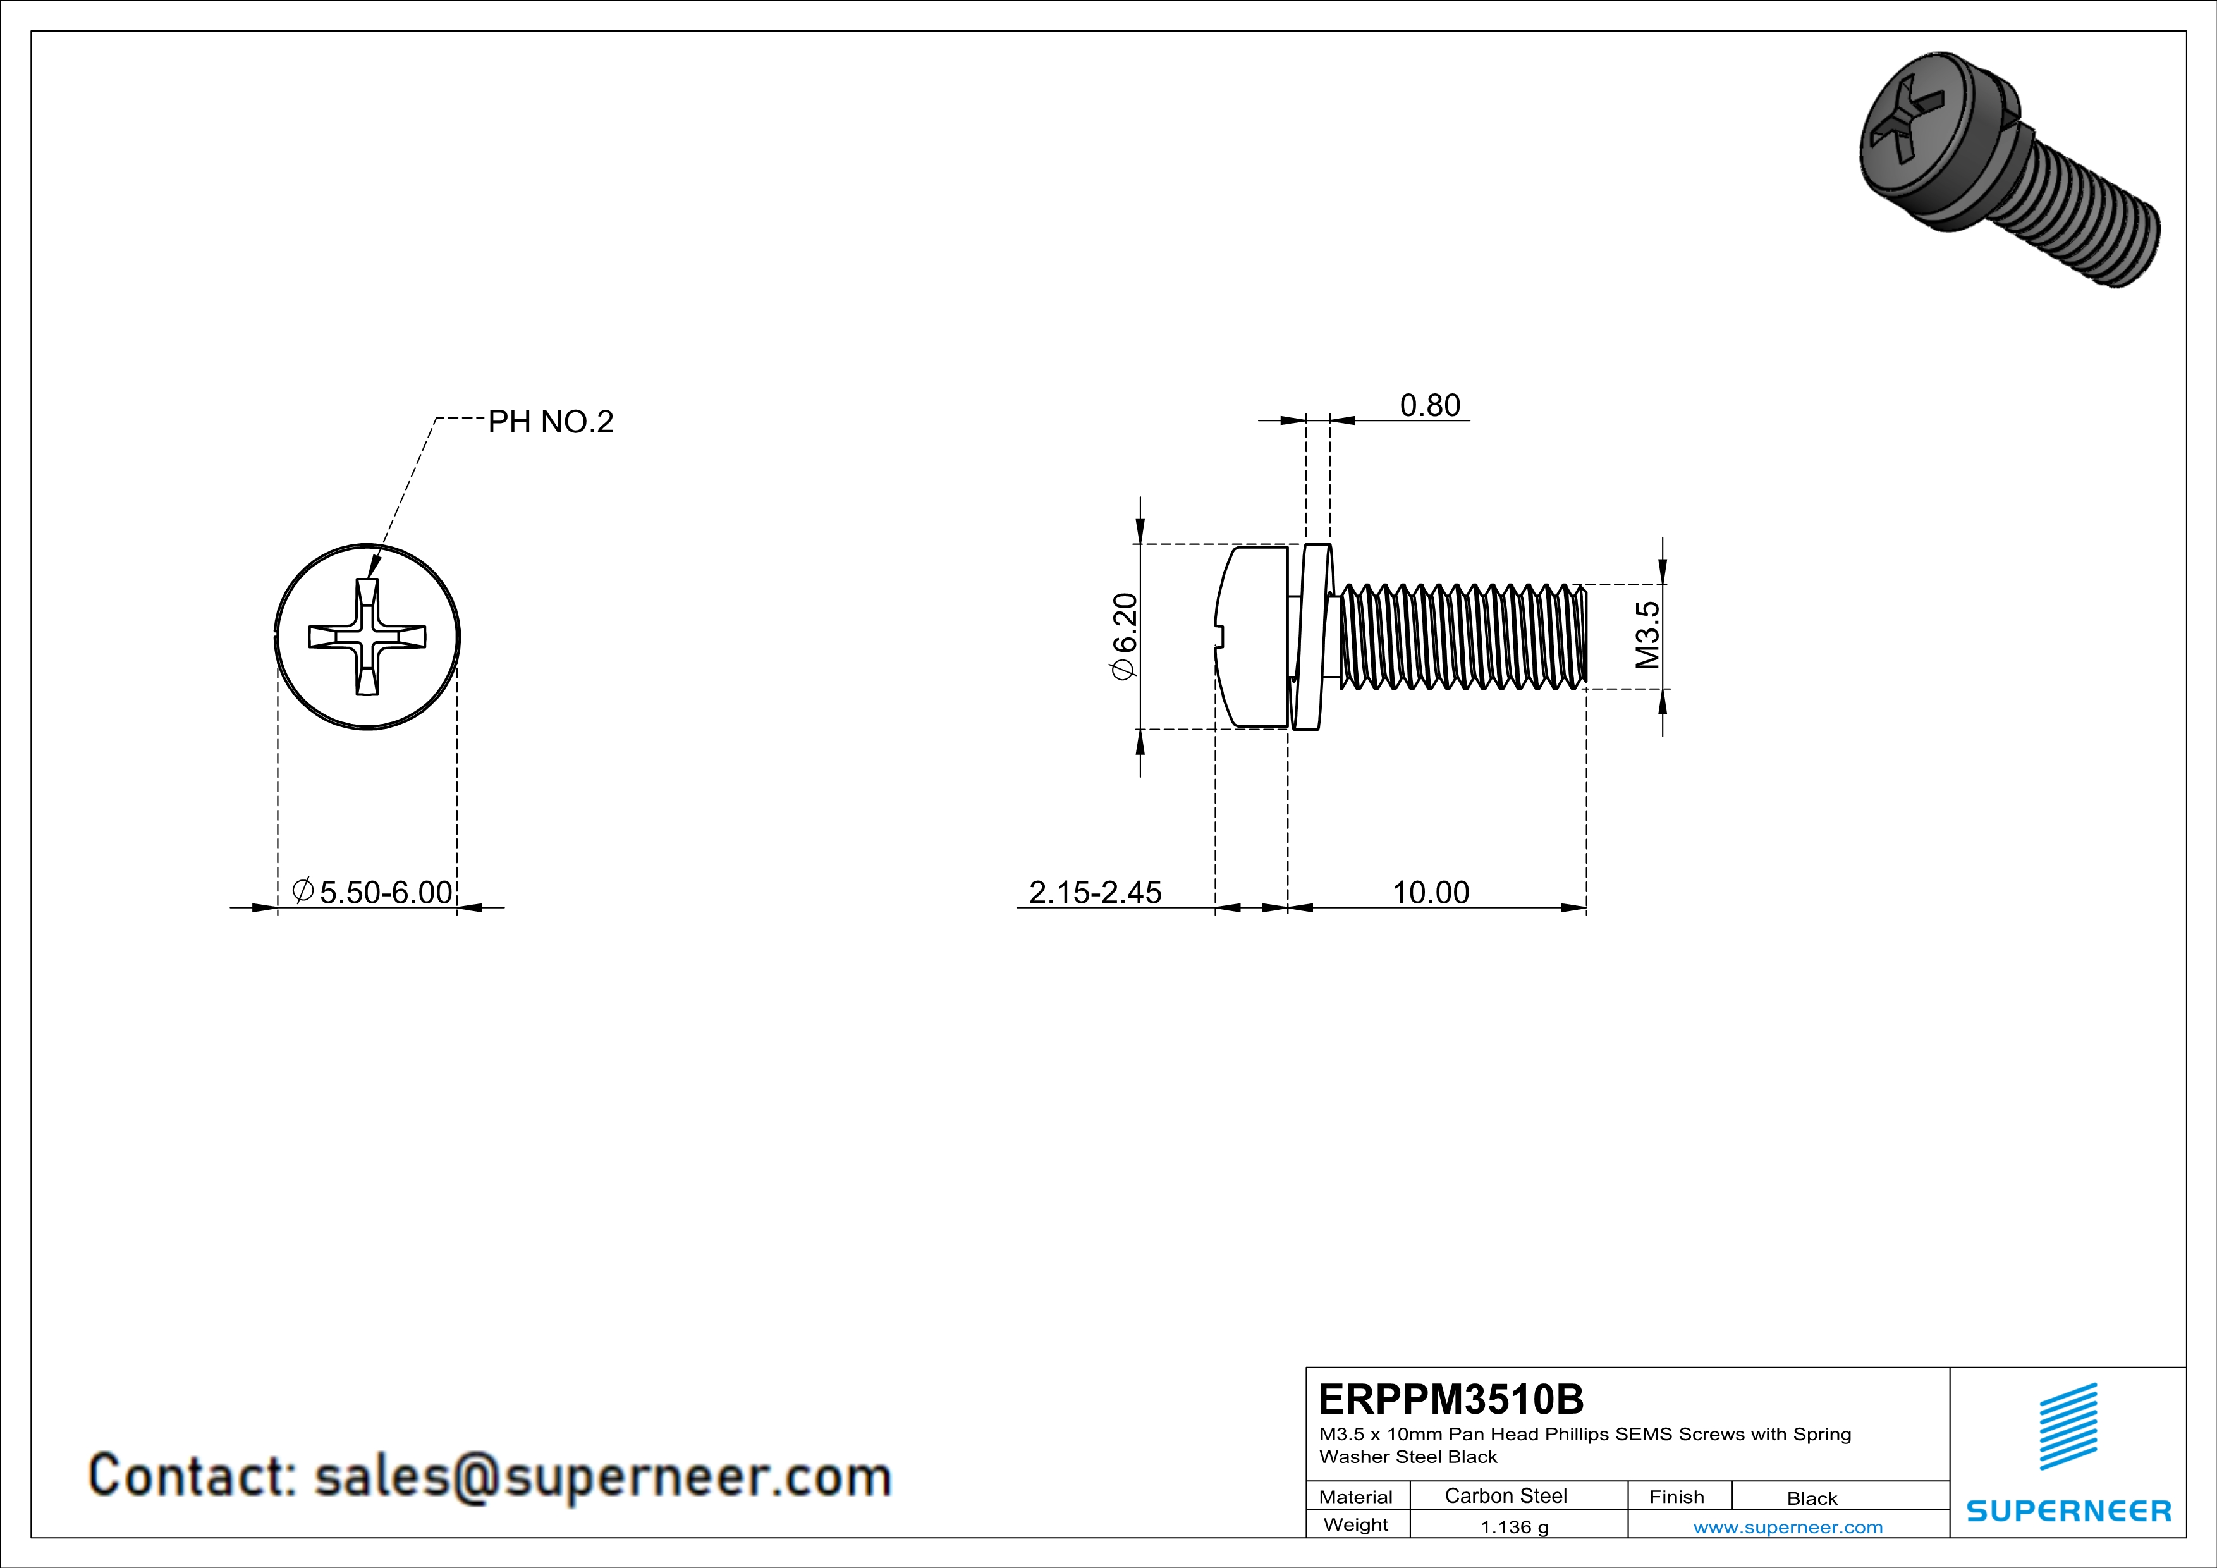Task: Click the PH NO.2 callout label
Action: [551, 422]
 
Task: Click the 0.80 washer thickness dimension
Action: [1430, 405]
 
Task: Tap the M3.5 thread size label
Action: [1647, 635]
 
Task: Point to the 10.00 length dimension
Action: [1430, 892]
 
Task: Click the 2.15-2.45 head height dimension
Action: [1095, 892]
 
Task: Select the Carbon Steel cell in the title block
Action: [1505, 1495]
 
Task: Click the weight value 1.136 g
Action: [1514, 1526]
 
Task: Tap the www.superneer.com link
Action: [1787, 1526]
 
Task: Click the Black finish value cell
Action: [1811, 1498]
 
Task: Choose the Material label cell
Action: [1356, 1497]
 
